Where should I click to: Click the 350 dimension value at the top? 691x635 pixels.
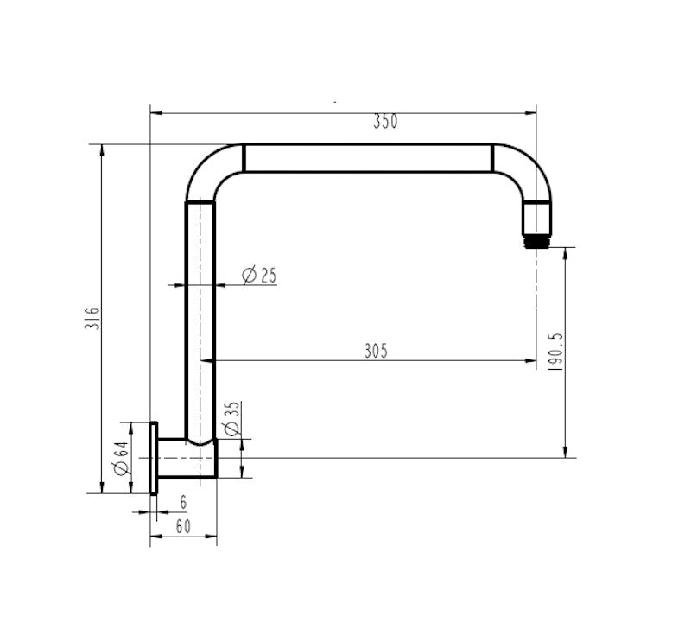click(x=385, y=122)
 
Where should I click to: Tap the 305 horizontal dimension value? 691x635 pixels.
click(x=376, y=350)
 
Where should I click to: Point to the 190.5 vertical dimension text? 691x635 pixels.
click(x=555, y=352)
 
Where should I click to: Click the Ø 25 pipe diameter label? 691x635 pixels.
click(x=259, y=276)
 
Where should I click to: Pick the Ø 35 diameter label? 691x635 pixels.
click(x=231, y=418)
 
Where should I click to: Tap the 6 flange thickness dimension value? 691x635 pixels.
click(x=182, y=502)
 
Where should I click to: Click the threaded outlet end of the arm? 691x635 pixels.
click(x=537, y=238)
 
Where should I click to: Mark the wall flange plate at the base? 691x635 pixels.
click(x=154, y=458)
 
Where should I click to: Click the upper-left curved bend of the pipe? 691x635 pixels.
click(x=210, y=170)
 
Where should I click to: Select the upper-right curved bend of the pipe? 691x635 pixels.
click(x=524, y=170)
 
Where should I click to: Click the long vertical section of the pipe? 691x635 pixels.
click(x=200, y=320)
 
